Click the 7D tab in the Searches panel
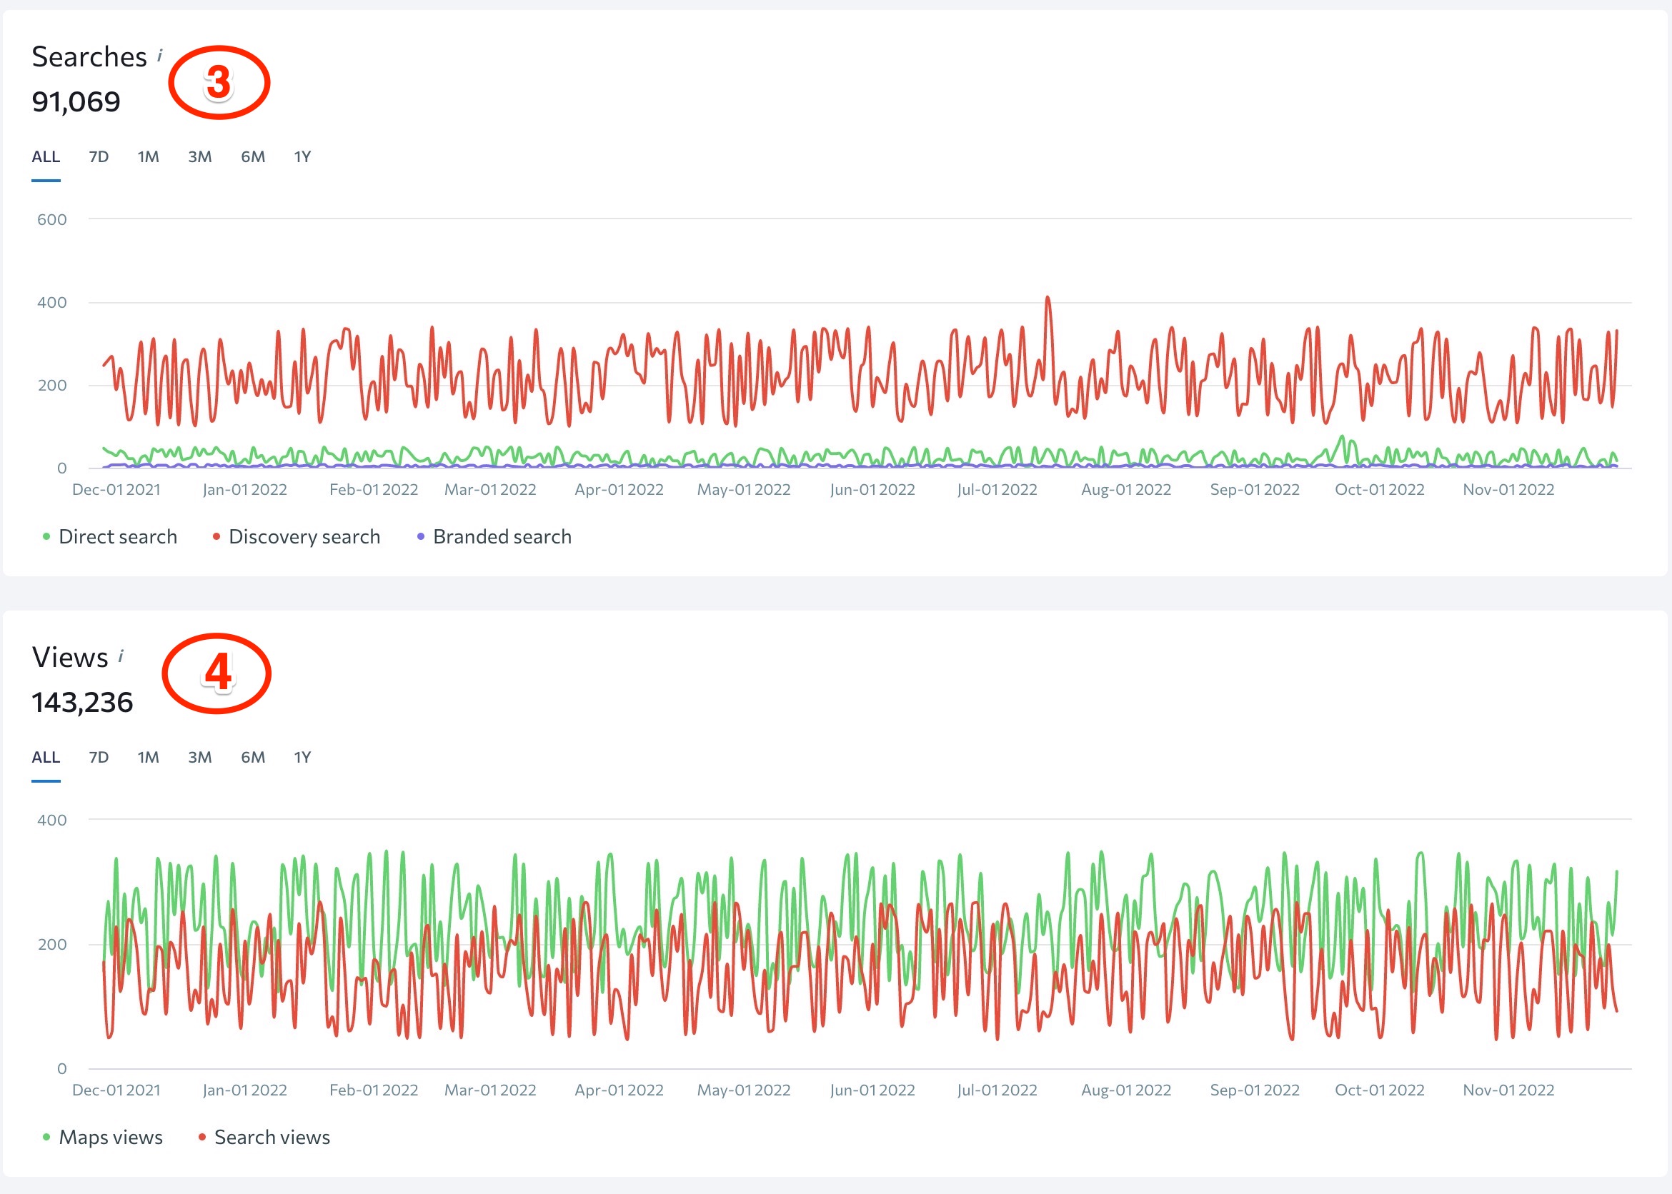coord(99,156)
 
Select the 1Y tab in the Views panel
coord(302,757)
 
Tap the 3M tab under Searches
coord(199,156)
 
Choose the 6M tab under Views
coord(252,757)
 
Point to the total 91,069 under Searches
coord(76,101)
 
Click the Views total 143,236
coord(82,702)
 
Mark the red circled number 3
coord(219,82)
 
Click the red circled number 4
coord(217,673)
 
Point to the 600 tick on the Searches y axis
coord(51,219)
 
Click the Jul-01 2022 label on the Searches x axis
coord(997,490)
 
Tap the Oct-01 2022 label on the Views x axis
coord(1379,1090)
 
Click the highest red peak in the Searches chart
coord(1048,298)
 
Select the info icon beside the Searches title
coord(159,55)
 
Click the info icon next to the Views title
coord(121,656)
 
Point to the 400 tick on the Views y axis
coord(51,820)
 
